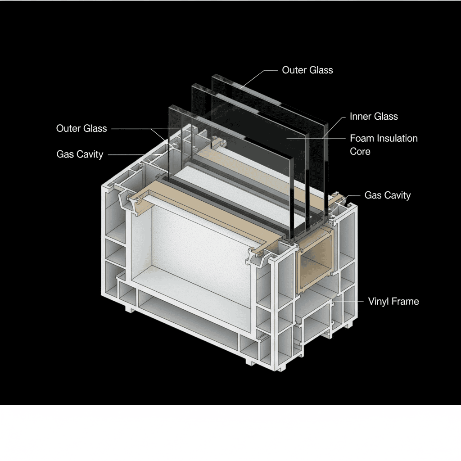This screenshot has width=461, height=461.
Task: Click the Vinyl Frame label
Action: point(393,301)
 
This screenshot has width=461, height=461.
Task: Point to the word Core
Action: point(360,151)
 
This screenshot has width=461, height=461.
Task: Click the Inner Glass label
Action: point(374,117)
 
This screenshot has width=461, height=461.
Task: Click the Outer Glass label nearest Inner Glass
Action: point(307,70)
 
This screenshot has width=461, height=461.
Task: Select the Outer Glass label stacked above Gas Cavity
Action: point(81,128)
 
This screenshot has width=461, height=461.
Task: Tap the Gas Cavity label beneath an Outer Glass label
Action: point(80,154)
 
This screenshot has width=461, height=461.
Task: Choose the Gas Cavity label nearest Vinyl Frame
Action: point(387,195)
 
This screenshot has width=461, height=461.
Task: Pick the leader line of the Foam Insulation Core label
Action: point(315,138)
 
